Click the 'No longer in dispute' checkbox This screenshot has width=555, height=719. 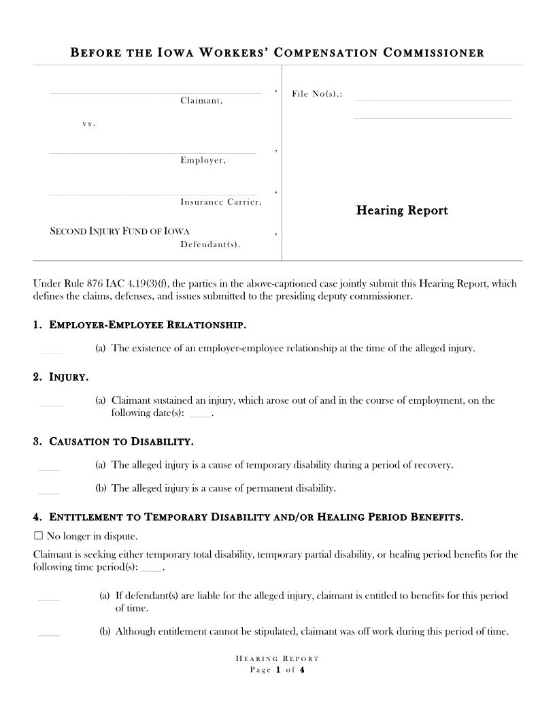[38, 535]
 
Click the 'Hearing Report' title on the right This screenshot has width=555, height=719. [402, 210]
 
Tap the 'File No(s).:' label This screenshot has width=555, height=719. [316, 93]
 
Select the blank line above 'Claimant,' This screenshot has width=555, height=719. [155, 93]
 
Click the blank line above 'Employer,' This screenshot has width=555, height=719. [152, 153]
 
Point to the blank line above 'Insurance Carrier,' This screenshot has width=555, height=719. [152, 194]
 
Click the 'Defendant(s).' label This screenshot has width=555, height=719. [210, 244]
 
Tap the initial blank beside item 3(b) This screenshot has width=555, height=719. [49, 492]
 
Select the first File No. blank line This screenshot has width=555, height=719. [433, 99]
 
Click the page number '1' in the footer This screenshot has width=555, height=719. [278, 670]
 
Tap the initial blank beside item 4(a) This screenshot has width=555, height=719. [49, 599]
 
